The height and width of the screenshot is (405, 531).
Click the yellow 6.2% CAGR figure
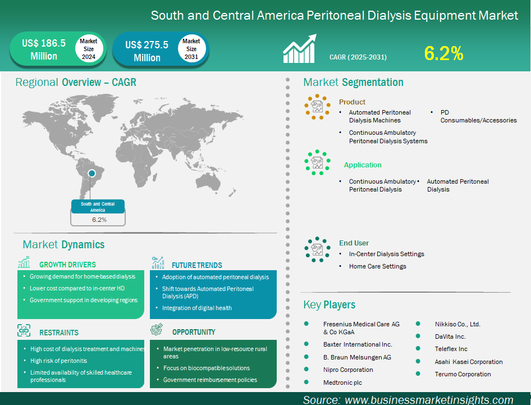[x=443, y=53]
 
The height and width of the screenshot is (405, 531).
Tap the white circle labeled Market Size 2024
[x=89, y=49]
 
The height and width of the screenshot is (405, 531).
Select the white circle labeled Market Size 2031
[x=191, y=49]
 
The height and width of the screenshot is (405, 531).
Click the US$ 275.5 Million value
[x=147, y=51]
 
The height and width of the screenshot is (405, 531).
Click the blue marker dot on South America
[x=91, y=174]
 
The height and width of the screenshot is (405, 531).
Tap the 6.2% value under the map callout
[x=99, y=220]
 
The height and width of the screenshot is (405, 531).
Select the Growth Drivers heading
[x=67, y=265]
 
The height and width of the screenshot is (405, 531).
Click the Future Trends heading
[x=197, y=265]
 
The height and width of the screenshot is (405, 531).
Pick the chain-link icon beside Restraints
[x=24, y=330]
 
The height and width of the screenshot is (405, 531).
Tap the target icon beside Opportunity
[x=157, y=329]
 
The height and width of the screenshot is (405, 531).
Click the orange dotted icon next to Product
[x=317, y=107]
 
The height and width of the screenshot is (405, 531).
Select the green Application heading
[x=363, y=165]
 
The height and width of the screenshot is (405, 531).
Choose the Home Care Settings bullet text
[x=378, y=266]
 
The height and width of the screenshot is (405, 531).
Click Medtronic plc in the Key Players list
[x=343, y=383]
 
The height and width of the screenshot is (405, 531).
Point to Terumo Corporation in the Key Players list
[x=463, y=374]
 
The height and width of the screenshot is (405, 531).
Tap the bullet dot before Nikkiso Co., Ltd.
[x=418, y=324]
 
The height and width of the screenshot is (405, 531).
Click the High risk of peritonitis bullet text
[x=58, y=361]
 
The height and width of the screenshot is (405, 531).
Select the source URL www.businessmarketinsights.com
[x=429, y=400]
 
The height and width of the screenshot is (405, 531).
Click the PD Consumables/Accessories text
[x=478, y=116]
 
